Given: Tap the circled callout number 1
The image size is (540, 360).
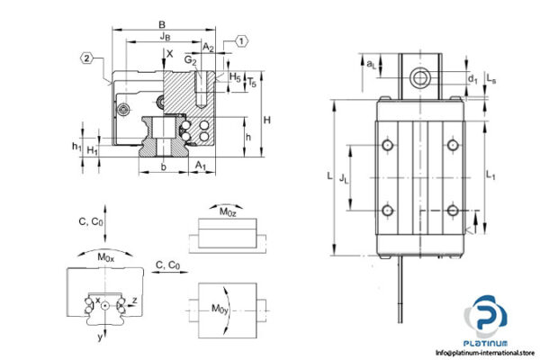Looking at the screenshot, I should click(243, 40).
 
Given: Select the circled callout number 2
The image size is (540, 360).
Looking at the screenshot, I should click(86, 58).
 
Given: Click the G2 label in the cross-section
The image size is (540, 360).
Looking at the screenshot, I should click(191, 60).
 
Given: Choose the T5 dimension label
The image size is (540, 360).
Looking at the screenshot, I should click(253, 83).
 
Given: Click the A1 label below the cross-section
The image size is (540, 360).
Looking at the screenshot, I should click(201, 166).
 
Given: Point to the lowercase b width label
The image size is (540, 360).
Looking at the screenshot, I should click(163, 167).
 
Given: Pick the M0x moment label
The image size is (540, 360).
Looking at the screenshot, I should click(105, 257).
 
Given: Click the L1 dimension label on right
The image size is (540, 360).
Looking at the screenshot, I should click(490, 172).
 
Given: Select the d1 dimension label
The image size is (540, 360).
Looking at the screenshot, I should click(472, 78).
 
